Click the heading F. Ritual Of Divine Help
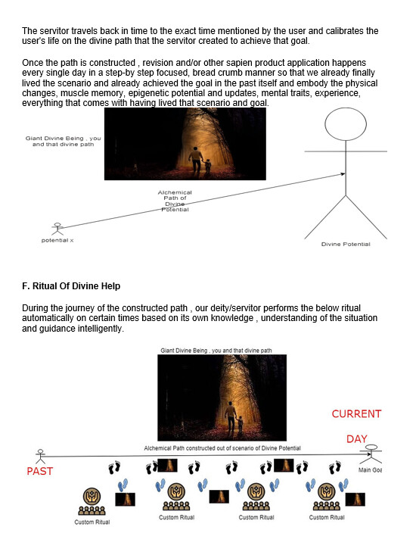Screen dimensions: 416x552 (x=71, y=286)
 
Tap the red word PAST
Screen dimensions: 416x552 (x=40, y=471)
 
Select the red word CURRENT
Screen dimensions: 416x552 (x=356, y=413)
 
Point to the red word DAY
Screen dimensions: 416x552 (x=356, y=439)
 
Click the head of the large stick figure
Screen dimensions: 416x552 (x=346, y=124)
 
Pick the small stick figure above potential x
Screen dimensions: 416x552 (x=57, y=229)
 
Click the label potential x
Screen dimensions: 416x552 (x=57, y=241)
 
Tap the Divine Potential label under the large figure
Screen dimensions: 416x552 (x=346, y=244)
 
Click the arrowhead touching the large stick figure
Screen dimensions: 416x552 (x=343, y=173)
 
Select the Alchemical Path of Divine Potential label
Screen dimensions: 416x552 (x=175, y=201)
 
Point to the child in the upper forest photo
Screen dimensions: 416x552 (x=208, y=166)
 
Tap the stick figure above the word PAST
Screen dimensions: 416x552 (x=40, y=457)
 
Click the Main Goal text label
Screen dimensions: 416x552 (x=371, y=470)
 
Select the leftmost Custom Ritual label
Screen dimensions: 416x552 (x=92, y=522)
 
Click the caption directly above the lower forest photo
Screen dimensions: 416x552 (x=216, y=351)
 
